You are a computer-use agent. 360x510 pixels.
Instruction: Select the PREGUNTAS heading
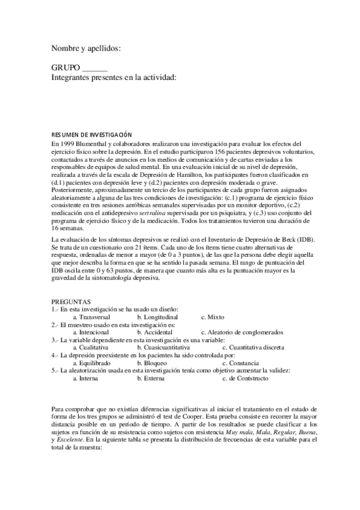(x=71, y=301)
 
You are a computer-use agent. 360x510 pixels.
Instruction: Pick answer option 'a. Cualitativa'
(x=91, y=348)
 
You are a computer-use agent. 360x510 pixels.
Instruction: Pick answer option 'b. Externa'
(x=152, y=379)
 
